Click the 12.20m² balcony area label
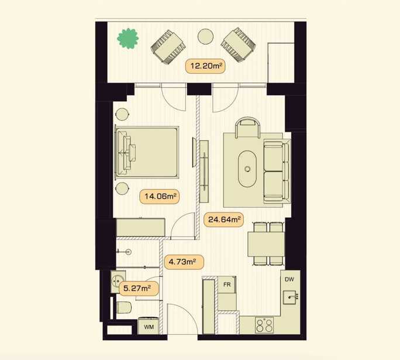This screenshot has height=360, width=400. (205, 66)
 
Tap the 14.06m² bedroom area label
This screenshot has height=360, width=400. (160, 196)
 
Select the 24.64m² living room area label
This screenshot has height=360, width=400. (224, 220)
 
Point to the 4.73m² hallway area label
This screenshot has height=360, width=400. (184, 262)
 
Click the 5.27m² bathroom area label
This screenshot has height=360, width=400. (139, 289)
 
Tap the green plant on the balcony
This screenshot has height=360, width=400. (128, 39)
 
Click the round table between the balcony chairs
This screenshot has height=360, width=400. (205, 36)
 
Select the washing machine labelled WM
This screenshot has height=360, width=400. (148, 326)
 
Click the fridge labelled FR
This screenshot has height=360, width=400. (227, 284)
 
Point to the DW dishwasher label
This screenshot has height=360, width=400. (289, 279)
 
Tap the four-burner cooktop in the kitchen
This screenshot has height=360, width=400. (264, 325)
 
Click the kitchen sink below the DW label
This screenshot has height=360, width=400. (290, 297)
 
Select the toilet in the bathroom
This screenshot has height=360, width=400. (123, 307)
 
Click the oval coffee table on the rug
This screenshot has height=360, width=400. (247, 169)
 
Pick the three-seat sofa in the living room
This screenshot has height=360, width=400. (277, 170)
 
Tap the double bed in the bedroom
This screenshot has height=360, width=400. (147, 152)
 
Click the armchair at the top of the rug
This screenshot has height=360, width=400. (248, 128)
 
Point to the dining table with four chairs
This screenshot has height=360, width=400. (266, 244)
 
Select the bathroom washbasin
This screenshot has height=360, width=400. (118, 282)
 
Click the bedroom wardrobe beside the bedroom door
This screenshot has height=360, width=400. (140, 227)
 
